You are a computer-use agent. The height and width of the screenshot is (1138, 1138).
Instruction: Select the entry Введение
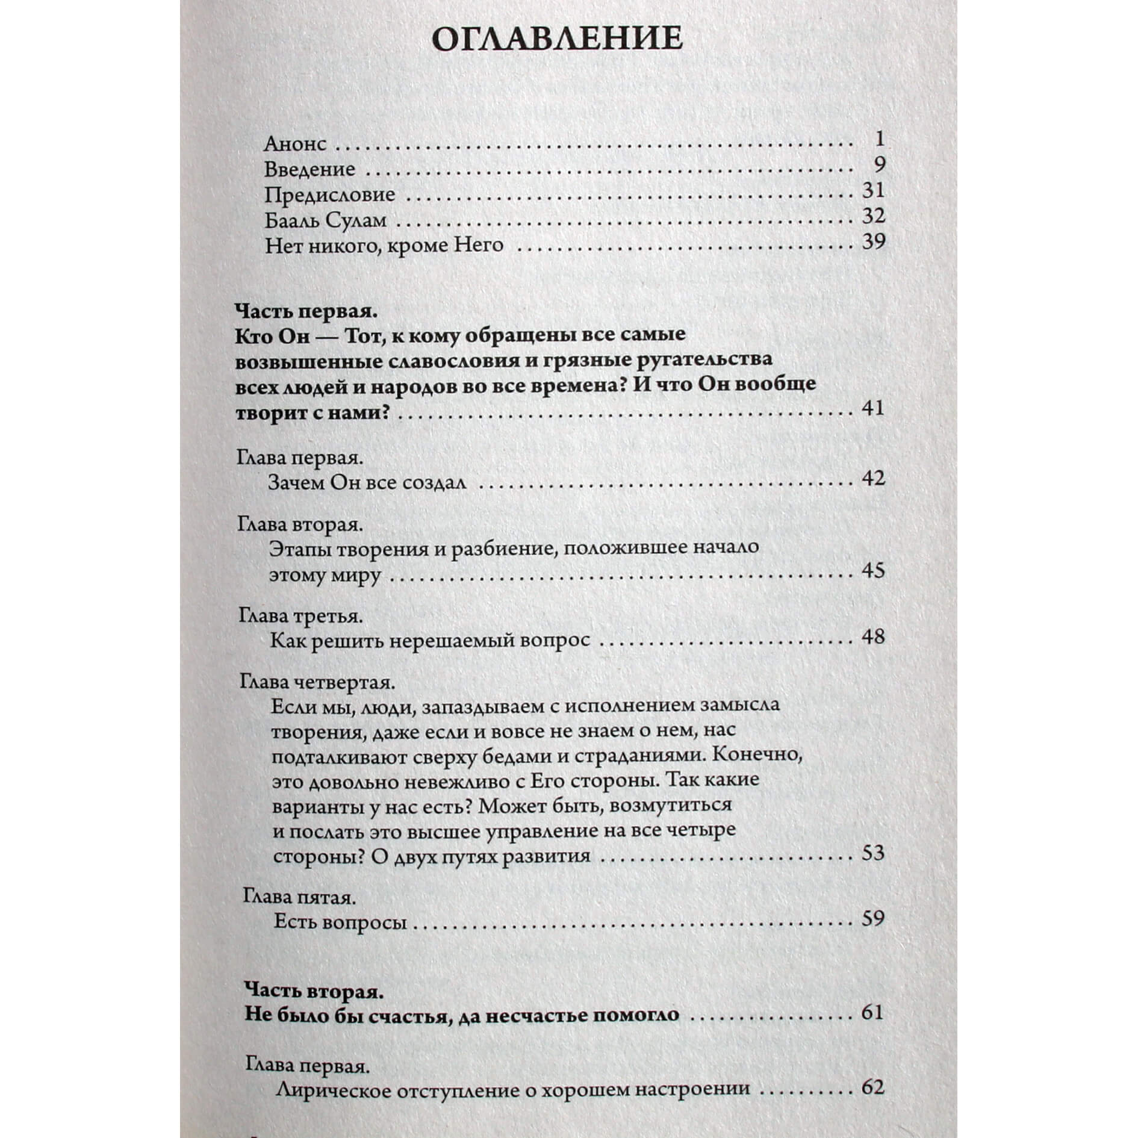pos(309,169)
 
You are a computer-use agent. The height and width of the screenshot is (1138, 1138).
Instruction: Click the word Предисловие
pos(329,194)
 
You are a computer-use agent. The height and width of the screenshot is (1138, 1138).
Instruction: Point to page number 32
pos(874,216)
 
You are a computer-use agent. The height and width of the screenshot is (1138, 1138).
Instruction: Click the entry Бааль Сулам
pos(325,220)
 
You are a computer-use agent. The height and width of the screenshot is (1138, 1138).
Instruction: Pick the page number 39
pos(874,241)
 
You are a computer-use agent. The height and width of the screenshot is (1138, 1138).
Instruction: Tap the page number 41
pos(873,408)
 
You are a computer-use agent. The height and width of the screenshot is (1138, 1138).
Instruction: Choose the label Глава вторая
pos(300,524)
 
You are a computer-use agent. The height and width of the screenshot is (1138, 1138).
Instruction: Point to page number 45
pos(873,570)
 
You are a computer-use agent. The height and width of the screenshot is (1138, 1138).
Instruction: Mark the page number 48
pos(873,636)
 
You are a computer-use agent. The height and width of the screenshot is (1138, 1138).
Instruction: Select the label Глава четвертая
pos(317,682)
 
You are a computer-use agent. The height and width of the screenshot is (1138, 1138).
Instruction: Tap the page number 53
pos(872,853)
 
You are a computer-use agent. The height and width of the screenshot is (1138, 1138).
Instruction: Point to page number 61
pos(872,1013)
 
